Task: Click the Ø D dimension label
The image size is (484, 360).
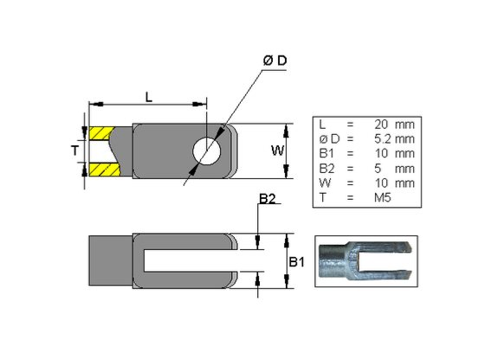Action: [x=274, y=61]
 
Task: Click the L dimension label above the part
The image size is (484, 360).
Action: [x=149, y=98]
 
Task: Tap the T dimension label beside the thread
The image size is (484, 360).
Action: [x=74, y=151]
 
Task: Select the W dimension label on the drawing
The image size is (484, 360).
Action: [x=277, y=151]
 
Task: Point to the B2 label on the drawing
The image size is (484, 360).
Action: [x=268, y=199]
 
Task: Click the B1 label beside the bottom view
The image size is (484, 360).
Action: [x=297, y=262]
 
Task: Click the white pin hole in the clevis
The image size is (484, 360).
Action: [x=207, y=151]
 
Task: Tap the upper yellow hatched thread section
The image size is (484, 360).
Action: [x=100, y=133]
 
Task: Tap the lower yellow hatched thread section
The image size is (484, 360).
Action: [x=104, y=170]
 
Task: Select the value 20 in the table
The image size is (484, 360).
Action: [x=381, y=125]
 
